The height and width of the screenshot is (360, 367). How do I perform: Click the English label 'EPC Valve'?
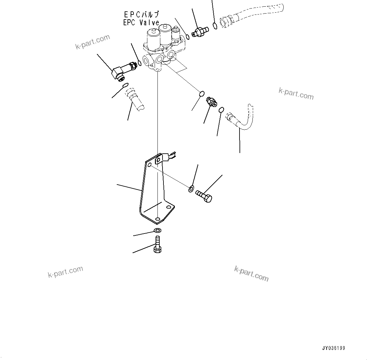[141, 22]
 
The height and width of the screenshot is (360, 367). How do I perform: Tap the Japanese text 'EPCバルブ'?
[141, 15]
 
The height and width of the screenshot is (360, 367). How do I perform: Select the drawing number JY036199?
[333, 348]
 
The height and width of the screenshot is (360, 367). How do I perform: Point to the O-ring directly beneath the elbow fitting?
[125, 85]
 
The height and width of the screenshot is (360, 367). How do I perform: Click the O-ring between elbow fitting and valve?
[139, 64]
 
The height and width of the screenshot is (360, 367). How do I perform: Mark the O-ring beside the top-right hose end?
[215, 26]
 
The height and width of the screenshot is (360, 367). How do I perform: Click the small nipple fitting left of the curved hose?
[211, 102]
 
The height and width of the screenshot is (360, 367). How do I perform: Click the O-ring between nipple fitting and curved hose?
[222, 110]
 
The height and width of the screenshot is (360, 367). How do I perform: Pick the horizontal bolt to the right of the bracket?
[204, 196]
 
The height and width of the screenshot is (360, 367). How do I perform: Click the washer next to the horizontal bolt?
[191, 189]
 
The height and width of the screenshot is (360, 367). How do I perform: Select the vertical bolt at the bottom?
[157, 245]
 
